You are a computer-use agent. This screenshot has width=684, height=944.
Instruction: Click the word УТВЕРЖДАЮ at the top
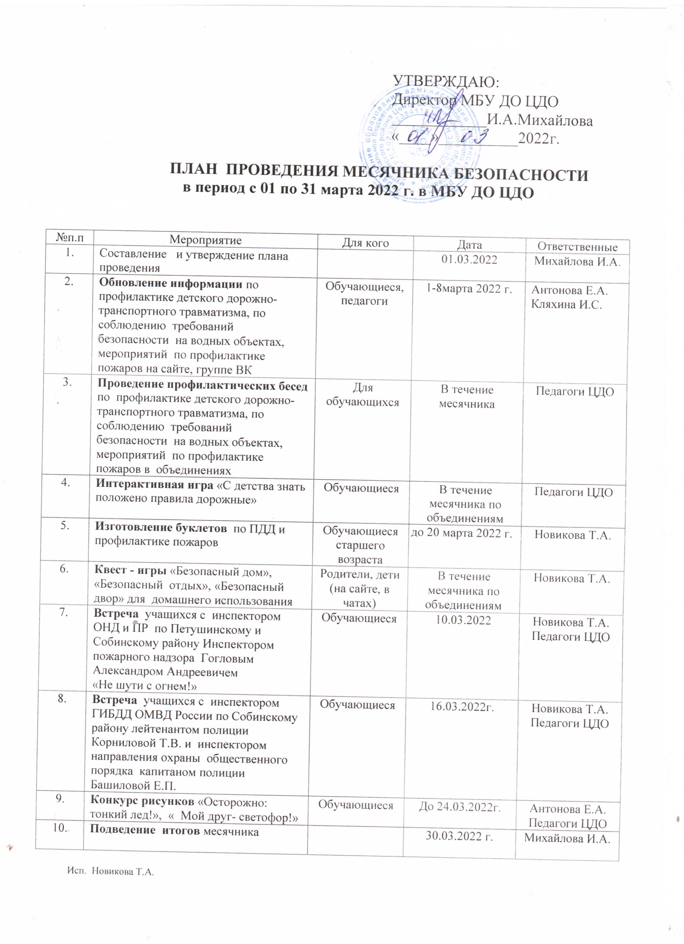click(446, 81)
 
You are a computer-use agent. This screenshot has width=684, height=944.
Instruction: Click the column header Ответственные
click(577, 246)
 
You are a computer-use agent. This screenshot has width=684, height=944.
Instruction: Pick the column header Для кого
click(365, 243)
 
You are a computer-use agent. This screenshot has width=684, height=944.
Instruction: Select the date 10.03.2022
click(463, 620)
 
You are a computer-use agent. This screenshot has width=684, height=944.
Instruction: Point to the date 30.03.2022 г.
click(459, 836)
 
